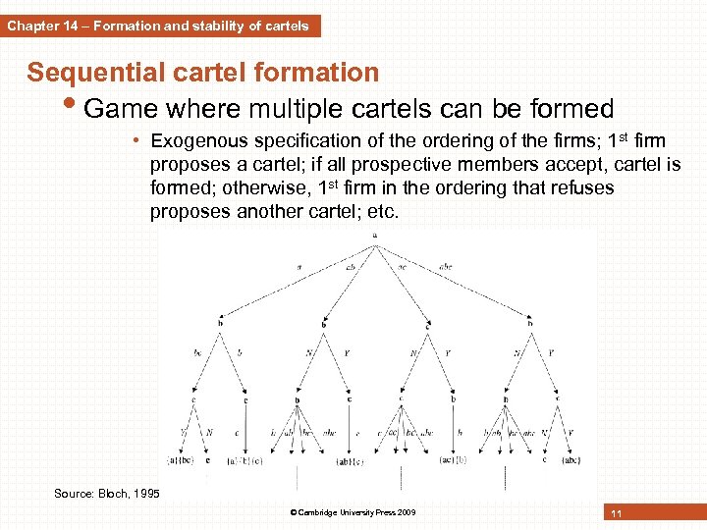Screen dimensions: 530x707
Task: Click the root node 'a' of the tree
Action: [x=374, y=235]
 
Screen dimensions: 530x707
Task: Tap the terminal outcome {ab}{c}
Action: [x=350, y=460]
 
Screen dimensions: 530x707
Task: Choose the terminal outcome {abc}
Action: [x=570, y=459]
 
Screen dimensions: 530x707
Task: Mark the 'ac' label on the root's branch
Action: [x=403, y=264]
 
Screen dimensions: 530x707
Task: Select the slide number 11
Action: [x=616, y=514]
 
